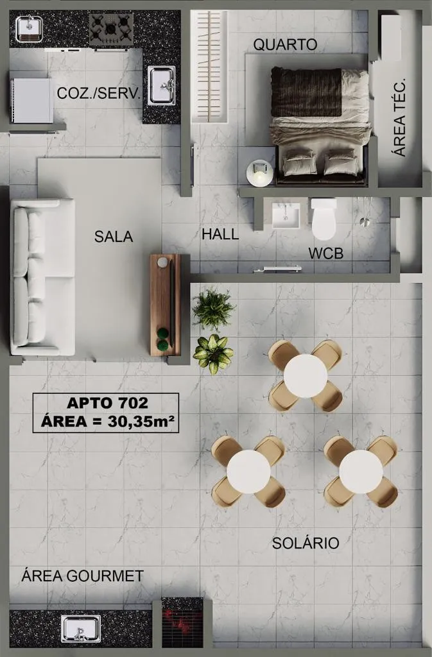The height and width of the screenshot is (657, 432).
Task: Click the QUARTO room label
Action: tap(285, 44)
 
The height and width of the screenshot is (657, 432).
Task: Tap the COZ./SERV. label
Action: tap(99, 93)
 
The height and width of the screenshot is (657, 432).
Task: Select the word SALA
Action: tap(114, 237)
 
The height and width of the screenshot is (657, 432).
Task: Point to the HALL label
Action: tap(220, 234)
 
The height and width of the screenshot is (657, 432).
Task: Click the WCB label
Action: tap(326, 253)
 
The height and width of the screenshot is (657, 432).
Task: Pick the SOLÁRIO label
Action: tap(306, 543)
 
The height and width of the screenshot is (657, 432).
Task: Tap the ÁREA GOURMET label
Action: tap(83, 576)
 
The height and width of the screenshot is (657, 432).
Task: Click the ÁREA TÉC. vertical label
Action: tap(400, 117)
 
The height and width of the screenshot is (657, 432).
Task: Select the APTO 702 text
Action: tap(107, 403)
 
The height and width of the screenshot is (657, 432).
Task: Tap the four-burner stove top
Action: tap(111, 30)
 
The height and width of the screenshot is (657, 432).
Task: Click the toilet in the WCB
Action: tap(324, 219)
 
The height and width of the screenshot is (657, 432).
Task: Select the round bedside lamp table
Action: tap(260, 174)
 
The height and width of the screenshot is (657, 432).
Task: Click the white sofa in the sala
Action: tap(42, 277)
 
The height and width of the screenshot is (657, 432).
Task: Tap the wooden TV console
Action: tap(166, 305)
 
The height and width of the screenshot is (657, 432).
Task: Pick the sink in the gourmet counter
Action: tap(80, 629)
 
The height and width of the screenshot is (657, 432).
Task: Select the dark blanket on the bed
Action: tap(306, 92)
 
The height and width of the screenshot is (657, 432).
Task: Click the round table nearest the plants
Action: tap(306, 376)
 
